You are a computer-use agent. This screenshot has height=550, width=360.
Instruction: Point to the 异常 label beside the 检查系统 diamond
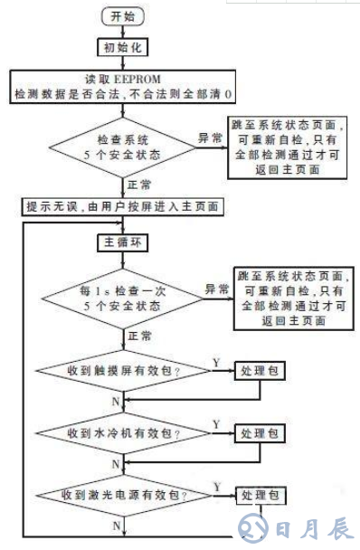210,137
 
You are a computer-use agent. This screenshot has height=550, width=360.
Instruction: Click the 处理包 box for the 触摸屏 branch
260,372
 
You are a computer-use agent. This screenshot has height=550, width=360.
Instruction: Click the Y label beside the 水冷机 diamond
215,423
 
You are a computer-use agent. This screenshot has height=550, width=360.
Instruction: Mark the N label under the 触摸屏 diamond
115,399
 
